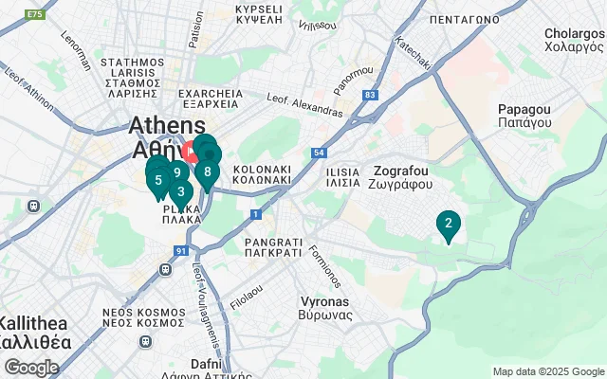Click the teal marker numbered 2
[x=447, y=225]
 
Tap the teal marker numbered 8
[x=207, y=172]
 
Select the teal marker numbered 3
[x=181, y=191]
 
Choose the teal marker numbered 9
[x=176, y=172]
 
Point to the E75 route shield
[x=36, y=15]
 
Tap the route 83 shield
[x=370, y=95]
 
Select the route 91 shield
[x=180, y=250]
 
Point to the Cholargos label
[x=574, y=40]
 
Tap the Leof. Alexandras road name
[x=304, y=104]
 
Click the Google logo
[x=31, y=367]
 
